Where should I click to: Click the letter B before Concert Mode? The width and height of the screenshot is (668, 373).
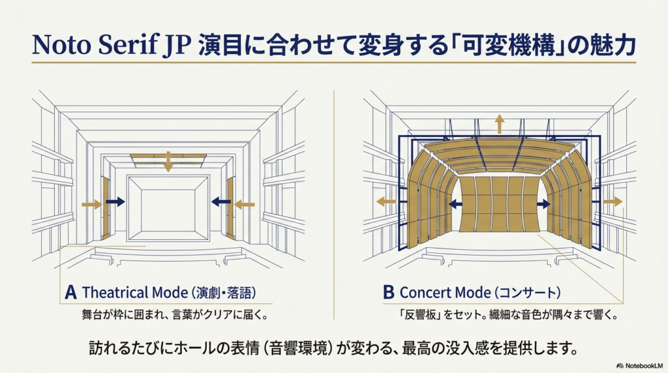pyautogui.click(x=388, y=292)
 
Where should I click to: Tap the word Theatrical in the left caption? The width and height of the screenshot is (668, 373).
pyautogui.click(x=110, y=292)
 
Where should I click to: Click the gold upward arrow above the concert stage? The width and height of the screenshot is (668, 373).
pyautogui.click(x=499, y=123)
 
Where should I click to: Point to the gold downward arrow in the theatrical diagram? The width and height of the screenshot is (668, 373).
pyautogui.click(x=168, y=162)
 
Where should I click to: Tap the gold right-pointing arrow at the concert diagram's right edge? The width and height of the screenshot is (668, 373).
pyautogui.click(x=613, y=202)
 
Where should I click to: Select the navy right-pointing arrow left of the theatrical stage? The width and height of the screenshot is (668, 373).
pyautogui.click(x=115, y=202)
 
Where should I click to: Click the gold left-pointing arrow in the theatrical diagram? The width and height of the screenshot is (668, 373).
pyautogui.click(x=245, y=205)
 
